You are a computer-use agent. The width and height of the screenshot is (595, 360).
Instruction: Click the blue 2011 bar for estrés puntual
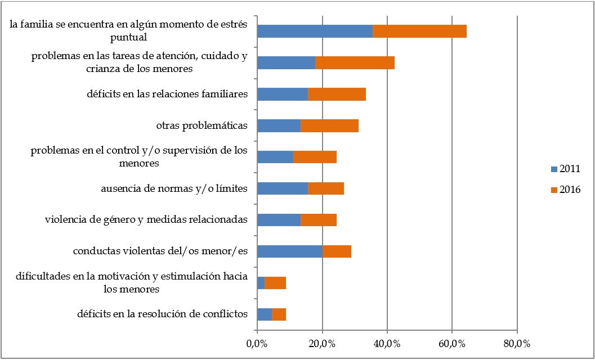315,31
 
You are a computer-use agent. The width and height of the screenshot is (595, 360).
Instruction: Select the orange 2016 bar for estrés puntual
419,31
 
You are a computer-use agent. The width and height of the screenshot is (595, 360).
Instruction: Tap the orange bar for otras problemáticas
329,125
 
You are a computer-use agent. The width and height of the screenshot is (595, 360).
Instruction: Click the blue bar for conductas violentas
289,251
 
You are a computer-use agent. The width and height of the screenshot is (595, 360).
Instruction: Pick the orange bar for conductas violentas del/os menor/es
337,251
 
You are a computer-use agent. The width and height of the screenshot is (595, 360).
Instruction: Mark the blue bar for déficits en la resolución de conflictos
265,314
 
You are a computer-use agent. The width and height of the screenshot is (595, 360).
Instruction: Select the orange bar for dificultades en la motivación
275,282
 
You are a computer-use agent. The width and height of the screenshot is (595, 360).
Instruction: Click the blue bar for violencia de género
279,219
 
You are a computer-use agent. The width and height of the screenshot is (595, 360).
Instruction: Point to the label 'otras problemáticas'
202,125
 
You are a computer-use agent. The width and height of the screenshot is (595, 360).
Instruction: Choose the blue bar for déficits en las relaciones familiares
283,94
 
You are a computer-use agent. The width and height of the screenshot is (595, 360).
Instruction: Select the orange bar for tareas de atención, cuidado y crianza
355,62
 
